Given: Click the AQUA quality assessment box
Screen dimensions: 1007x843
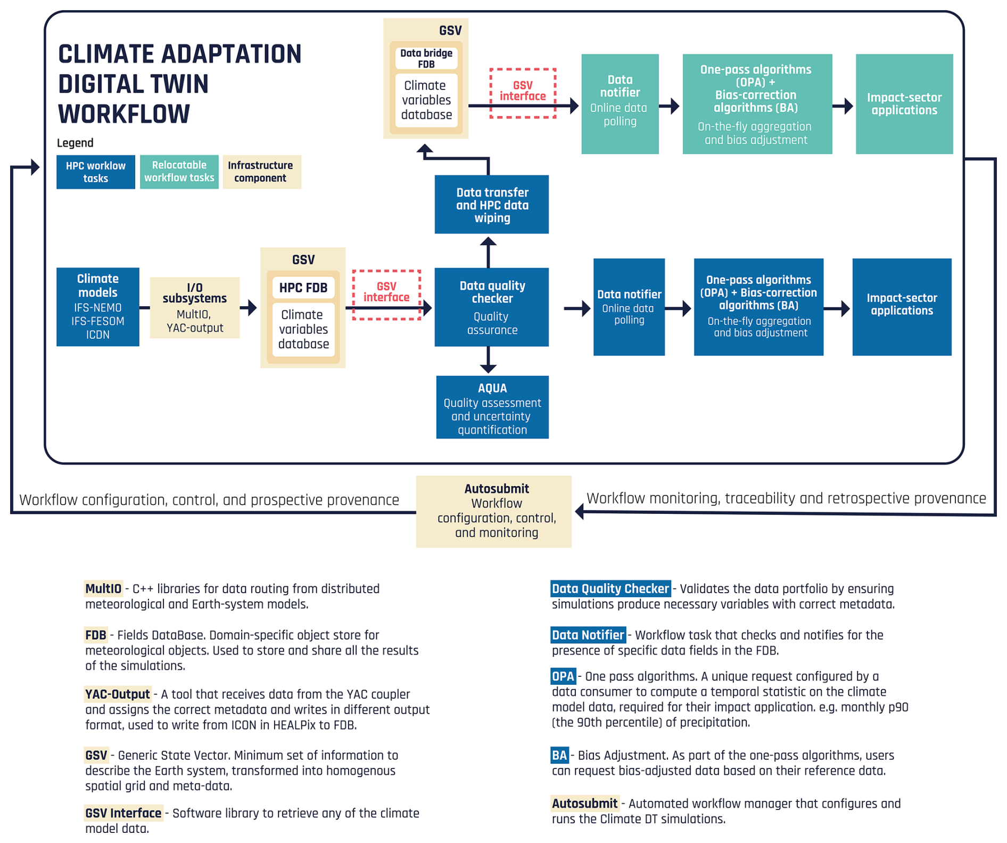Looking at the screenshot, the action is (492, 407).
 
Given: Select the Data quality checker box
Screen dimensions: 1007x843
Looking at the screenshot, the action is (491, 307).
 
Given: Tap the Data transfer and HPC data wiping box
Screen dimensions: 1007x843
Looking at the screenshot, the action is (491, 204).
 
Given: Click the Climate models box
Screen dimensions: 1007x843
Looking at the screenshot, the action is (98, 307).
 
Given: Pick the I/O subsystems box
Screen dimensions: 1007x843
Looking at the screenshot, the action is (195, 307).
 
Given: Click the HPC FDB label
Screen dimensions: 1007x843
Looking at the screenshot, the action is (303, 288).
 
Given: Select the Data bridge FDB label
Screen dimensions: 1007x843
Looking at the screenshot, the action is (426, 59).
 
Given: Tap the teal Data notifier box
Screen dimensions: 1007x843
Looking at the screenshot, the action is (620, 104).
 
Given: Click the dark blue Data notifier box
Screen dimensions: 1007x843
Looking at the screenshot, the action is (629, 307).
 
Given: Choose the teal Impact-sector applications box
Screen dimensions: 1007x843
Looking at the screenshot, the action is (904, 104).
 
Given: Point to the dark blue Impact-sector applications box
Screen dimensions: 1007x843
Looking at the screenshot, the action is (902, 307).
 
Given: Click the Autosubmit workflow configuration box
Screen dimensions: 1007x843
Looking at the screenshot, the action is (494, 511).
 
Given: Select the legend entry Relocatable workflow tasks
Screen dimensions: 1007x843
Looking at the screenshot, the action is (179, 171).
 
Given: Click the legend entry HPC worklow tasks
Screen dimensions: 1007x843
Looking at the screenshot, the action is (96, 171).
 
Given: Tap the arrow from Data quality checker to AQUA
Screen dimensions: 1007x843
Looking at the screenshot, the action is (488, 360).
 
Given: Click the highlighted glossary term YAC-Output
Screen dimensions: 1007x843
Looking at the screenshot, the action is (118, 694).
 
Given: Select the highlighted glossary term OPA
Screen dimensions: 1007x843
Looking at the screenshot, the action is (563, 676).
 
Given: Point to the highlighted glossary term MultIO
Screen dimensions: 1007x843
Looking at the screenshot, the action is (103, 588).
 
